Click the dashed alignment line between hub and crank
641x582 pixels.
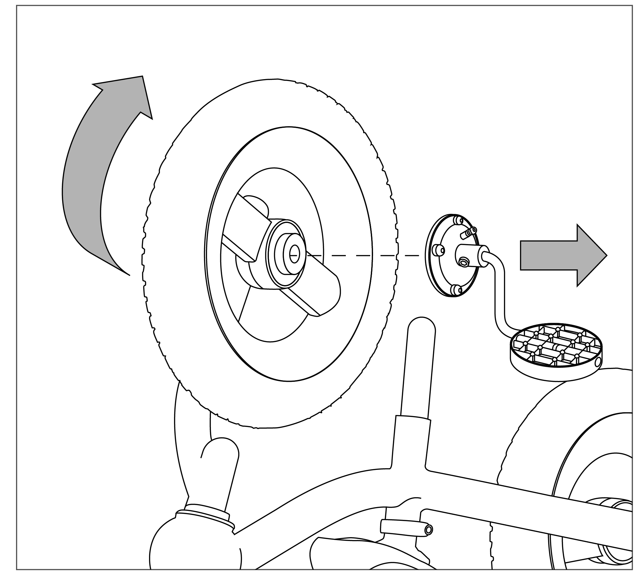[x=362, y=255]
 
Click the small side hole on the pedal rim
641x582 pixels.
[x=597, y=362]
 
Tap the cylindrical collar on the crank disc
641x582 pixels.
[x=471, y=254]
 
